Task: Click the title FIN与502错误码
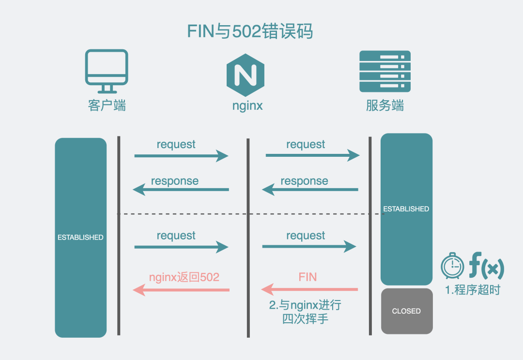tap(250, 32)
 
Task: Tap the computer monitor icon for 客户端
tap(107, 71)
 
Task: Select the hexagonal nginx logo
tap(246, 75)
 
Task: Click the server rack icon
tap(385, 72)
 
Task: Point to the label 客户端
tap(107, 105)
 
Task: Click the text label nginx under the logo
tap(247, 105)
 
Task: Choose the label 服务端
tap(385, 105)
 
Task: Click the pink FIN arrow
tap(310, 290)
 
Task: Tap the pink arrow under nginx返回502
tap(181, 290)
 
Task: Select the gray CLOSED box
tap(406, 311)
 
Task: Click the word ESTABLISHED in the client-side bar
tap(80, 238)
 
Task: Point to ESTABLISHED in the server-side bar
tap(406, 209)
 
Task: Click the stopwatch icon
tap(452, 267)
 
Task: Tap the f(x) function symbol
tap(486, 267)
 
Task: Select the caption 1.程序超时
tap(472, 290)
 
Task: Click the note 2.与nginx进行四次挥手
tap(305, 312)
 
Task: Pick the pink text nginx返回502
tap(184, 277)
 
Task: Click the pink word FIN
tap(308, 277)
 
